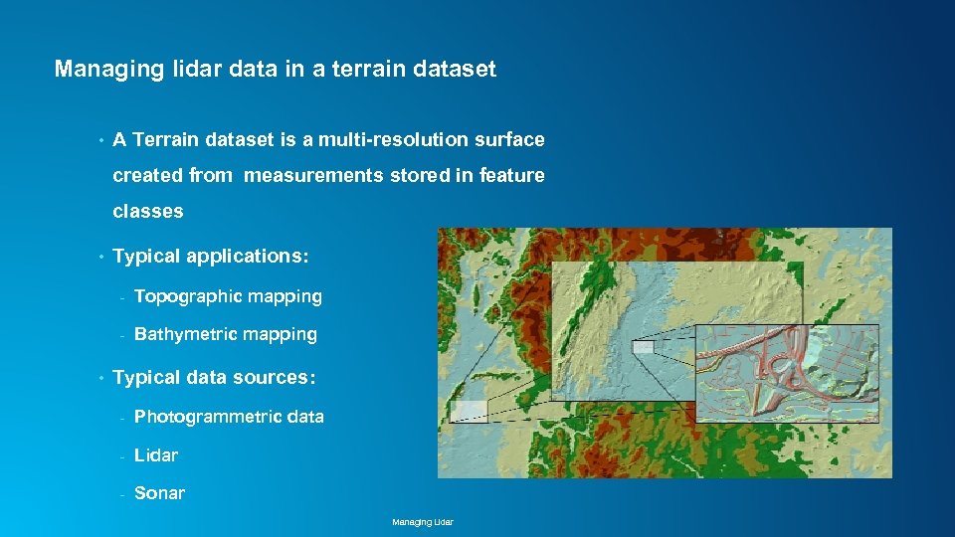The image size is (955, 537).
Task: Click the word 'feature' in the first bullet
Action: (x=511, y=176)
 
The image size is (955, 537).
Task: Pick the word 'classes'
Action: (x=148, y=211)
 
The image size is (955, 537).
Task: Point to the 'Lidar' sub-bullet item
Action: (x=156, y=455)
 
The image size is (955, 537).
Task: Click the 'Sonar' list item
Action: (x=159, y=493)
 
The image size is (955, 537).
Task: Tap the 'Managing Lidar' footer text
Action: (x=423, y=522)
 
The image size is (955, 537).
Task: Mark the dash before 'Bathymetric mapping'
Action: (x=120, y=336)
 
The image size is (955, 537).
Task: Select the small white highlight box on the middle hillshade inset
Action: (x=643, y=347)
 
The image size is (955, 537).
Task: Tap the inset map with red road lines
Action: (x=786, y=371)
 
